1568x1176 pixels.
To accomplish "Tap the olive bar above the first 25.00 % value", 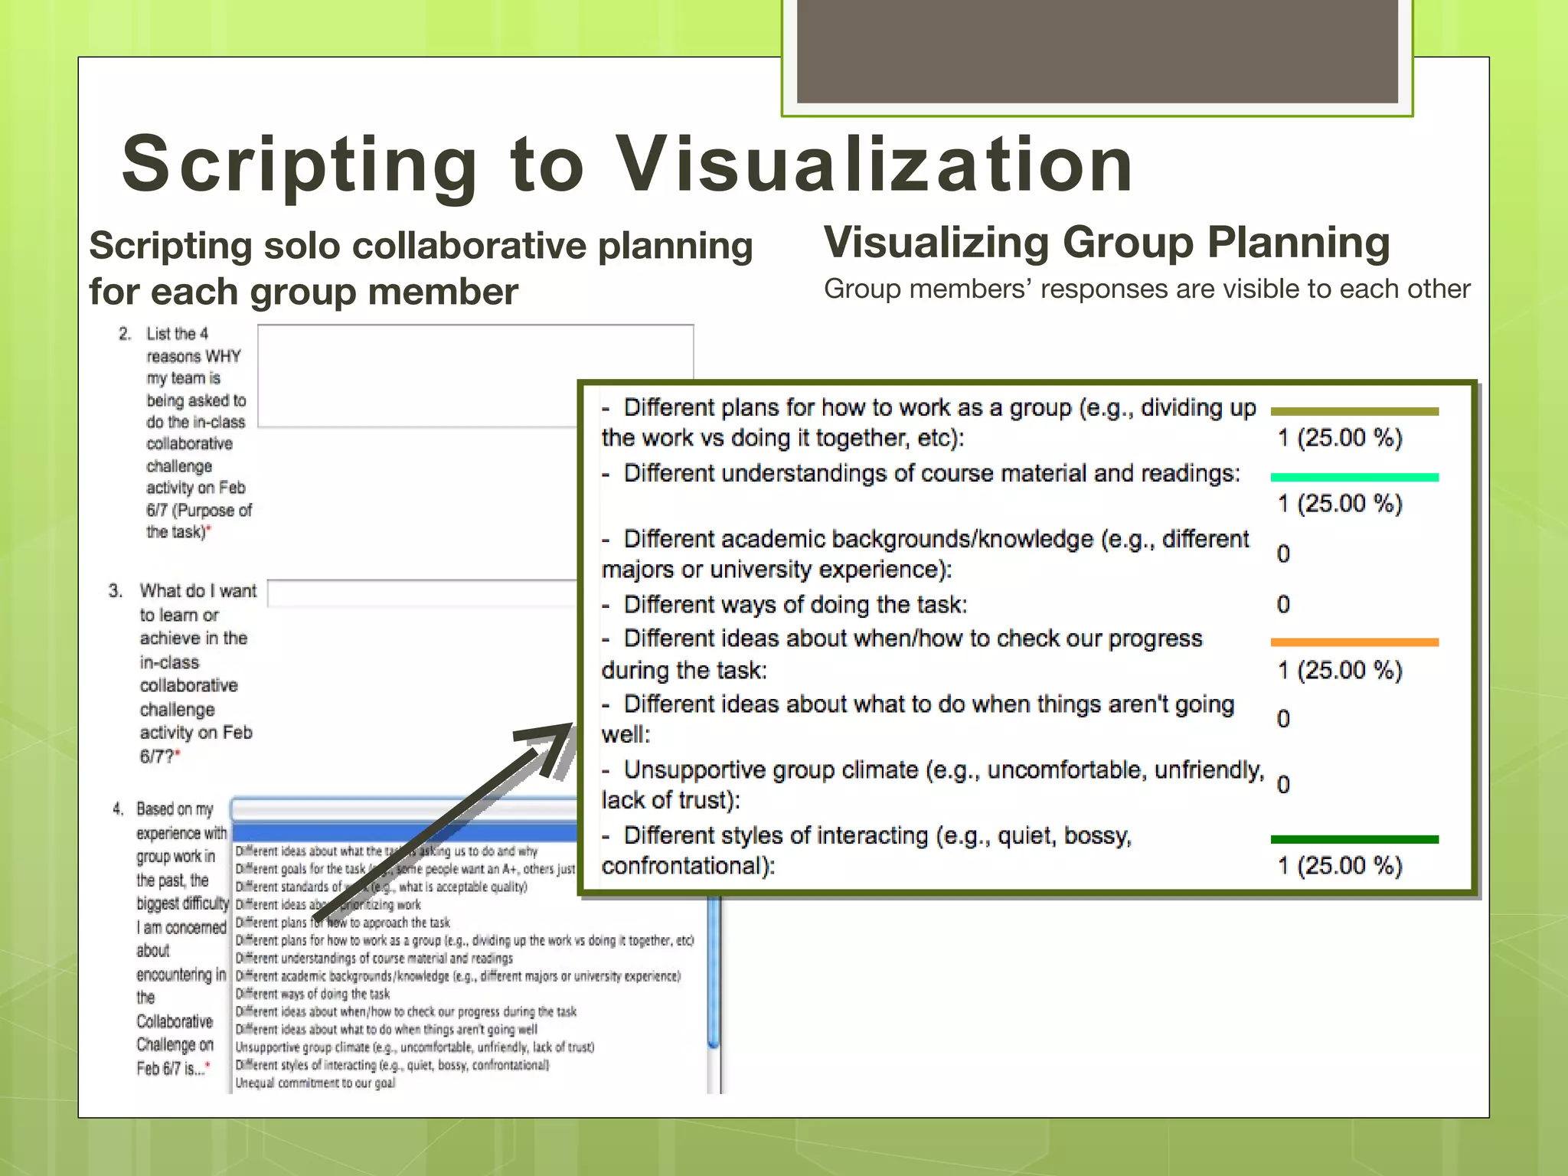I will pyautogui.click(x=1354, y=411).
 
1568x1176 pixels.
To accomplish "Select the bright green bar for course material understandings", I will pyautogui.click(x=1354, y=477).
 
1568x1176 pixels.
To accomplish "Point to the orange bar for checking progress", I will pyautogui.click(x=1354, y=642).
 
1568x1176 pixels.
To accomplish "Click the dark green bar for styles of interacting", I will pyautogui.click(x=1354, y=839).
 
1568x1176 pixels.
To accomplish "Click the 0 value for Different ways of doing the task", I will pyautogui.click(x=1283, y=605).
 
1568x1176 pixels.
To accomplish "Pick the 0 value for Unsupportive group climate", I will pyautogui.click(x=1283, y=785).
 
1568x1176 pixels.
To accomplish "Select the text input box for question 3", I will pyautogui.click(x=421, y=593).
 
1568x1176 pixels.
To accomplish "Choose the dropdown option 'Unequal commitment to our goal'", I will pyautogui.click(x=315, y=1083).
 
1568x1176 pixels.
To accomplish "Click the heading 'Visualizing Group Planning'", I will pyautogui.click(x=1106, y=243).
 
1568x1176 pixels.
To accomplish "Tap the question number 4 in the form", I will pyautogui.click(x=117, y=809).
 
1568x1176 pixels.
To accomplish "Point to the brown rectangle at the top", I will pyautogui.click(x=1096, y=51).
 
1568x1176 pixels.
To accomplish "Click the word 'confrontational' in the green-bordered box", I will pyautogui.click(x=684, y=866).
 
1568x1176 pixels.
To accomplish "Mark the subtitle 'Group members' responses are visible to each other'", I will pyautogui.click(x=1146, y=289).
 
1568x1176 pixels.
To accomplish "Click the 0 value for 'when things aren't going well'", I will pyautogui.click(x=1283, y=719).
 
